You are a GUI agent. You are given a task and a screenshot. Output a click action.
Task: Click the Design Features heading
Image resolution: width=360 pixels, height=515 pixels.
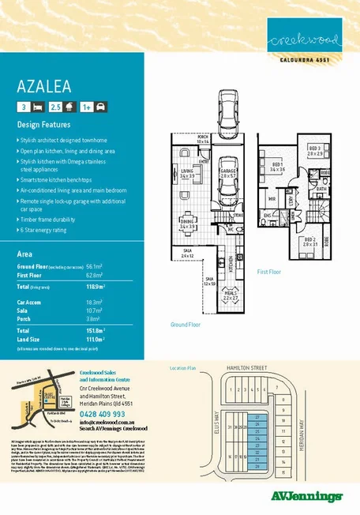click(44, 125)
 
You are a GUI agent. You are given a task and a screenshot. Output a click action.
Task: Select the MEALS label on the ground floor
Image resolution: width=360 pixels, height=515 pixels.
click(231, 295)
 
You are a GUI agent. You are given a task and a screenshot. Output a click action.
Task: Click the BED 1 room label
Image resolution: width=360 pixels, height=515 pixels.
click(276, 167)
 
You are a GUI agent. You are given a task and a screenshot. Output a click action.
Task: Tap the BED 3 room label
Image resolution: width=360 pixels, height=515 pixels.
click(313, 149)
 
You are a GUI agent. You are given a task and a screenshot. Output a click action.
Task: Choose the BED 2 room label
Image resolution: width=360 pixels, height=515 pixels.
click(309, 241)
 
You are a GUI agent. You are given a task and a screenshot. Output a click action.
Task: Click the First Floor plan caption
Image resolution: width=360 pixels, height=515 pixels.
click(270, 270)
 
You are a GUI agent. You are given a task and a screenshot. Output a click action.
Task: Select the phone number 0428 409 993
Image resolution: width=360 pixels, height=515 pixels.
click(103, 413)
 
